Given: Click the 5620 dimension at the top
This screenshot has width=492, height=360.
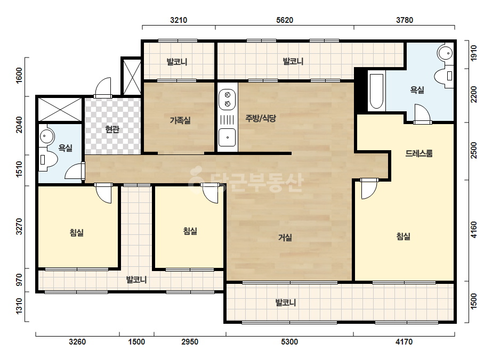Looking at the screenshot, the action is tap(285, 20).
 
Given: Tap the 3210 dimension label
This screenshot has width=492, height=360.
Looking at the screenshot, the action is tap(179, 20).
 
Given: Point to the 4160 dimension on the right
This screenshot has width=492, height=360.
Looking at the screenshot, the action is tap(473, 230).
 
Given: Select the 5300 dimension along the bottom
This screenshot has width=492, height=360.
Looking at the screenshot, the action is tap(289, 342).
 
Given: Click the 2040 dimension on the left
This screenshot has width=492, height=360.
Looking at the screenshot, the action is tap(19, 125).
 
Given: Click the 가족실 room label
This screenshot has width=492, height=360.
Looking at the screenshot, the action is tap(180, 120).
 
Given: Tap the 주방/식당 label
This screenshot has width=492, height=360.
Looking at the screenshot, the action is tap(261, 118).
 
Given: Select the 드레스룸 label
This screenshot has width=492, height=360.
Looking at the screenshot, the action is tap(419, 153).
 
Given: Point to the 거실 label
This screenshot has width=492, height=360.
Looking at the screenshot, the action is tap(285, 238).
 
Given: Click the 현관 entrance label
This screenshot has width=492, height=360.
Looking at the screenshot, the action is tap(112, 129).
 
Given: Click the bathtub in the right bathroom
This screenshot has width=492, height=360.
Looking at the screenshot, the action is tap(376, 91).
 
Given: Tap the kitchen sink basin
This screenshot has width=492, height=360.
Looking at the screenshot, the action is tap(227, 137).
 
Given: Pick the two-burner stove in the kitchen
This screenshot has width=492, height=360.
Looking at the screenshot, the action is tap(227, 100).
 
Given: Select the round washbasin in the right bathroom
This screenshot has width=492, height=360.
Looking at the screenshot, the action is tap(446, 53).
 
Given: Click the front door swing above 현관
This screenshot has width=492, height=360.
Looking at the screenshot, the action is tap(102, 87).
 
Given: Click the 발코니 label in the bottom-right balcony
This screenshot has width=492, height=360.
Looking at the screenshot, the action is tap(286, 302).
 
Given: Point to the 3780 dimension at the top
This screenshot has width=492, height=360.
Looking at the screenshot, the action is tap(405, 20).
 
